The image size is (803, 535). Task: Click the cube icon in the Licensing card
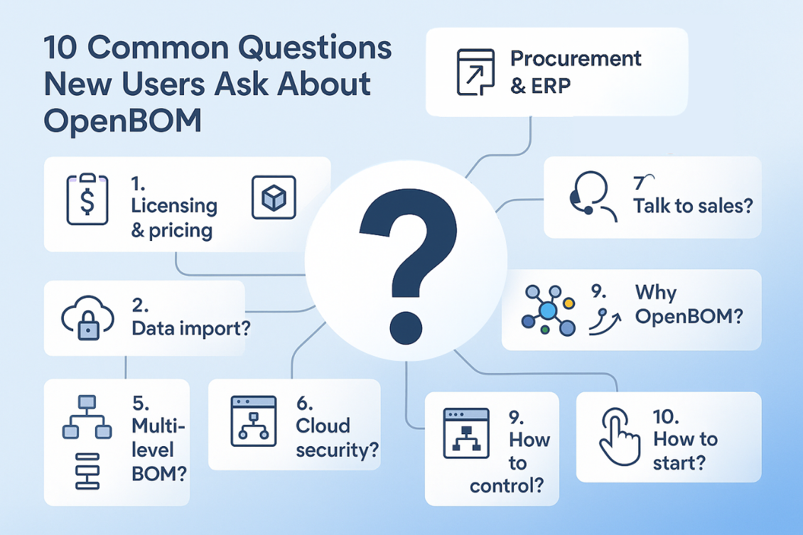(274, 197)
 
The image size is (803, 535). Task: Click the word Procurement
(576, 58)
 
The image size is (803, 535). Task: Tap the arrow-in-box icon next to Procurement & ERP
(474, 73)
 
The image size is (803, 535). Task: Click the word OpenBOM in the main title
(122, 120)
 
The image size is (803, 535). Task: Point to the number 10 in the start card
(668, 418)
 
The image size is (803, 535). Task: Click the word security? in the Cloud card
(336, 449)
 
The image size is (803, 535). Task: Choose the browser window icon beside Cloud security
(254, 421)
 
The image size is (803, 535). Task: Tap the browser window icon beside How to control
(465, 433)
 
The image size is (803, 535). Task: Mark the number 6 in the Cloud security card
(304, 403)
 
